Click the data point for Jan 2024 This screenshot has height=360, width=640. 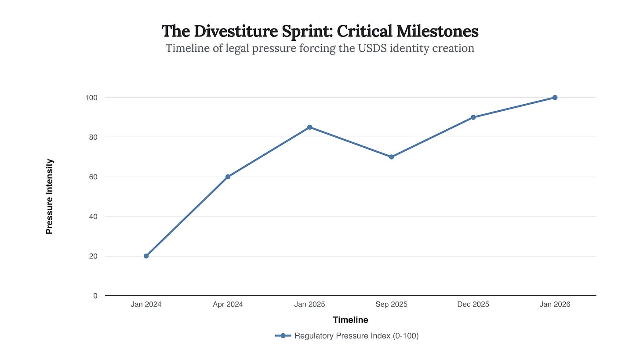[146, 256]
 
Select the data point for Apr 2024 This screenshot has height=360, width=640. [228, 177]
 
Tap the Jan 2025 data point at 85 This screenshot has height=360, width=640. [309, 127]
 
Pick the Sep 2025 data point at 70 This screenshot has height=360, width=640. [391, 157]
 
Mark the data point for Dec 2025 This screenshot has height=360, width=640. [473, 117]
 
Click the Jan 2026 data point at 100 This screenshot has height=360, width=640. [555, 98]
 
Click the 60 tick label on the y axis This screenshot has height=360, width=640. [93, 177]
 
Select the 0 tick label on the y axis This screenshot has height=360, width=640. [95, 296]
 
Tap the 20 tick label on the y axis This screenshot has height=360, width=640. [93, 256]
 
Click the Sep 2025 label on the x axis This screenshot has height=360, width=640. [391, 304]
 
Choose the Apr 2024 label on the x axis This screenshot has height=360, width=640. [228, 304]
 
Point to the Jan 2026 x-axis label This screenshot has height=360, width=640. [555, 304]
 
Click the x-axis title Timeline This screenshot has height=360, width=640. [350, 320]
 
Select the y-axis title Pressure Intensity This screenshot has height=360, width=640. [49, 196]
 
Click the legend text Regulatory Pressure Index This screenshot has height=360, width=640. [356, 336]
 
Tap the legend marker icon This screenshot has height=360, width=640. [283, 336]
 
